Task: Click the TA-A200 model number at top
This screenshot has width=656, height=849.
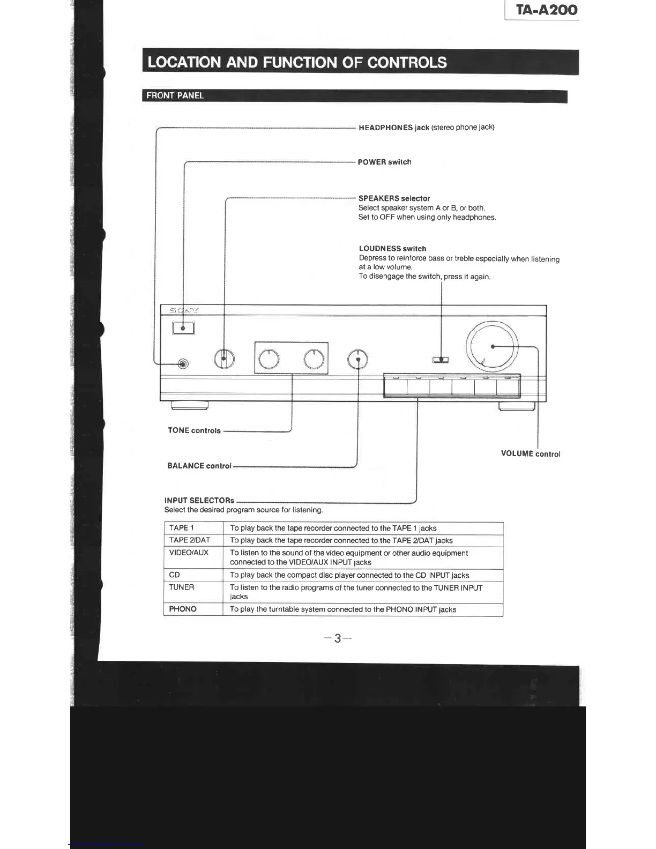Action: [547, 10]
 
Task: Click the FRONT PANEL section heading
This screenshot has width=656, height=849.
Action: [175, 95]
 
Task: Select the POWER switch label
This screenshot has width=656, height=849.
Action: [384, 162]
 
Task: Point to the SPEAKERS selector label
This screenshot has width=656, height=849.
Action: [394, 198]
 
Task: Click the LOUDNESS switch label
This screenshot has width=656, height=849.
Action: [392, 249]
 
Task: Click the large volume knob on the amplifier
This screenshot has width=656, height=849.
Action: [493, 347]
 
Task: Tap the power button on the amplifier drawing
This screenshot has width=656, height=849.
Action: [183, 327]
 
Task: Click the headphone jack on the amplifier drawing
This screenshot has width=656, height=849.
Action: [183, 364]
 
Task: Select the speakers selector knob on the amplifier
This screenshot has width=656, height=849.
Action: [224, 359]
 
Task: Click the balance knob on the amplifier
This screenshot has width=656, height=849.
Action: [357, 359]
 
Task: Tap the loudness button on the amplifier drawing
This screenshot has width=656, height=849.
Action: [441, 360]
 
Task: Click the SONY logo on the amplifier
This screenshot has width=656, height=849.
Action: [184, 310]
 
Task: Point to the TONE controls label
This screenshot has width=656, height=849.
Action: [194, 430]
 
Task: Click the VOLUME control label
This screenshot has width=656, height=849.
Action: [531, 453]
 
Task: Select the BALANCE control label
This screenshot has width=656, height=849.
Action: [199, 466]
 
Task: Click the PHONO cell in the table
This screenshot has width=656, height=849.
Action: [183, 609]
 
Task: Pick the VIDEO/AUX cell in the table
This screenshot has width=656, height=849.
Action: [189, 553]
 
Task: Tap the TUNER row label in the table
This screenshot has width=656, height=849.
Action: [182, 587]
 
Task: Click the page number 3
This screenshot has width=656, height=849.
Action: [338, 638]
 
